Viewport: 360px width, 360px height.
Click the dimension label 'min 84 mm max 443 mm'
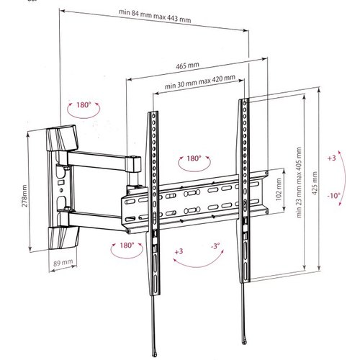click(x=155, y=16)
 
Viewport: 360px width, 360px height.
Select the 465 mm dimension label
click(x=187, y=66)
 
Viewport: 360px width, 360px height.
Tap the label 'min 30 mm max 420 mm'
click(x=199, y=82)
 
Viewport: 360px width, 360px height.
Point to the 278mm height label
click(x=24, y=196)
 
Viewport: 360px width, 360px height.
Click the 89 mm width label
click(x=63, y=263)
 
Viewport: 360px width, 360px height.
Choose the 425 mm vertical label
click(x=315, y=183)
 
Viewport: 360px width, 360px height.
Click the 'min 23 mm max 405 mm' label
click(x=299, y=182)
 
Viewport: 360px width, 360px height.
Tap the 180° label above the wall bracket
click(x=84, y=105)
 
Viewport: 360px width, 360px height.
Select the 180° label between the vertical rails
click(x=194, y=158)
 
